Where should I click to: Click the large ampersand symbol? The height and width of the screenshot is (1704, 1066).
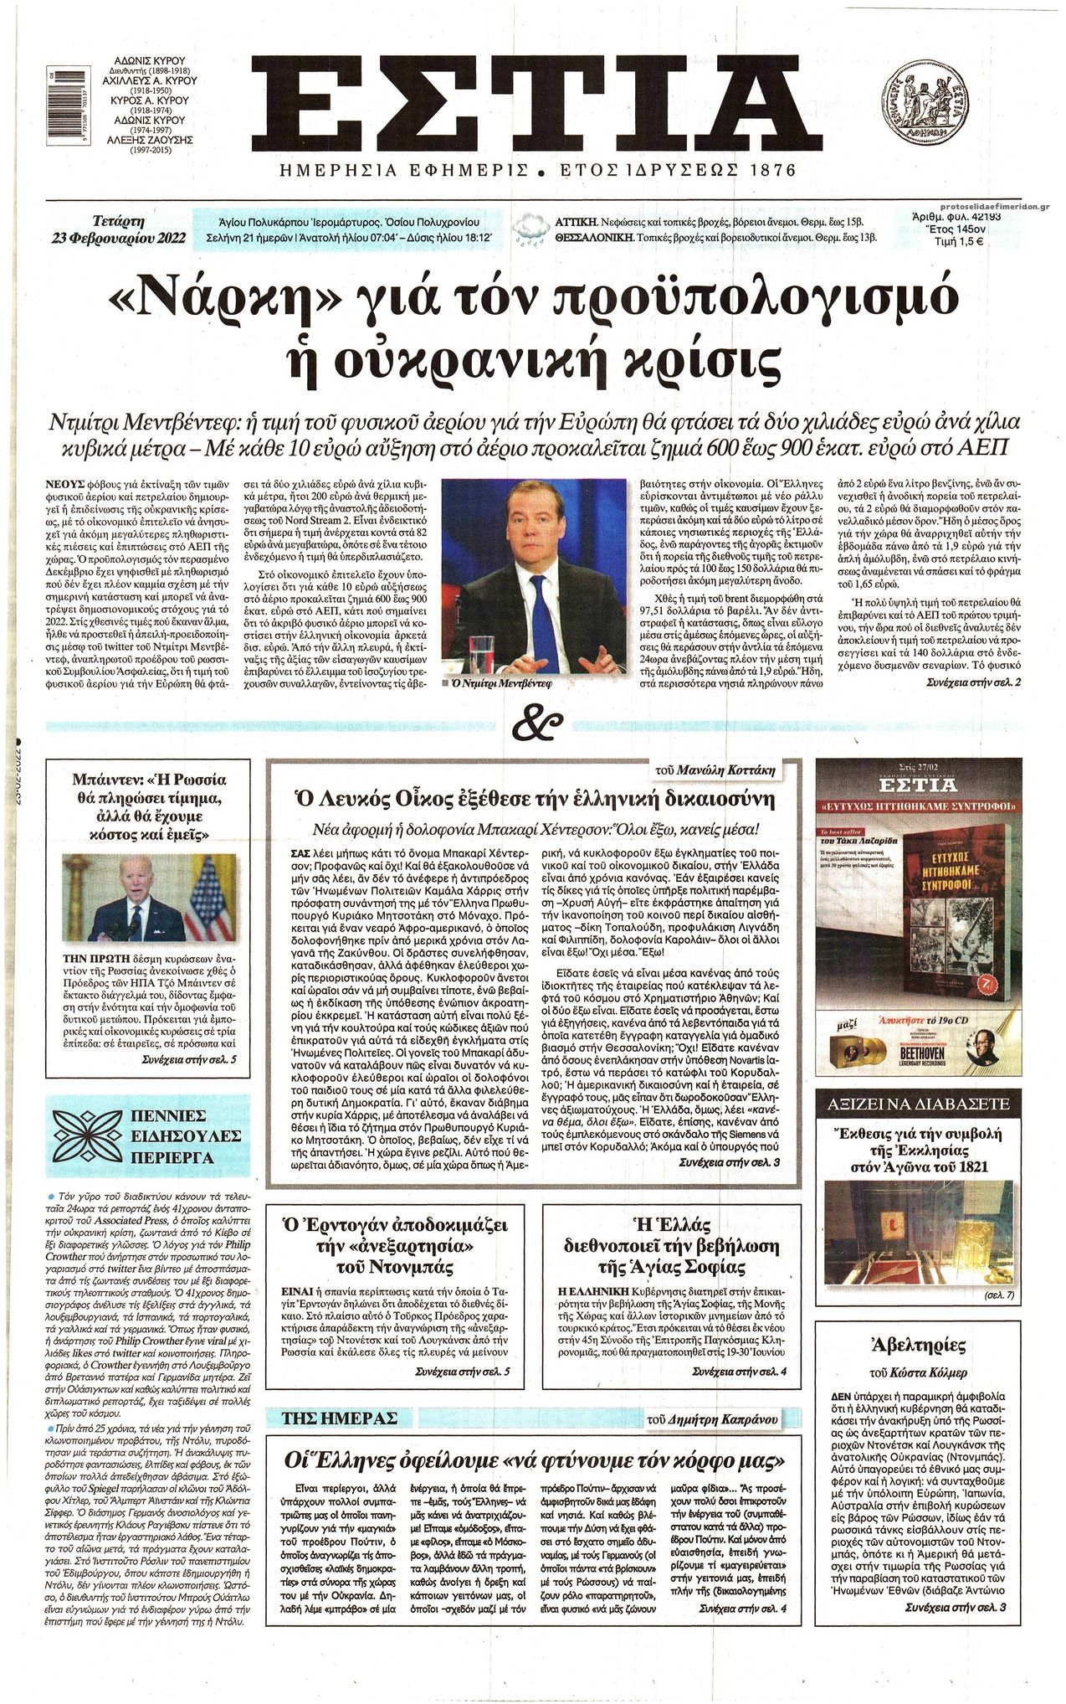coord(536,724)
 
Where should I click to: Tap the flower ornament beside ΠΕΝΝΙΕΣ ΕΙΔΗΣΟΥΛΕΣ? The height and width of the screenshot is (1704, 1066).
coord(88,1137)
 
